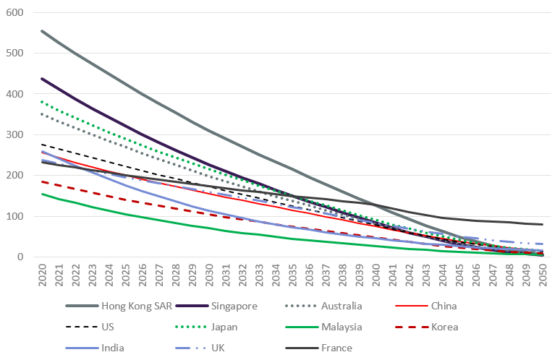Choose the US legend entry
(x=108, y=327)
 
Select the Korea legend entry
(x=443, y=327)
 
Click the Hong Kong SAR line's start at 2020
(x=41, y=31)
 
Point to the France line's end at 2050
(x=543, y=224)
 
